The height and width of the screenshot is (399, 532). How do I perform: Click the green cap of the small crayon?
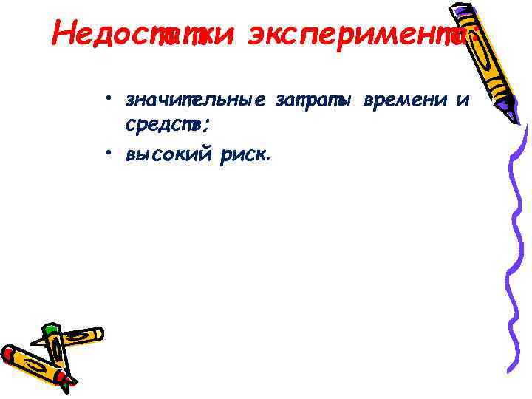(x=50, y=330)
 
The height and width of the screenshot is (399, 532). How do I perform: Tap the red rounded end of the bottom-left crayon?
(x=9, y=353)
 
